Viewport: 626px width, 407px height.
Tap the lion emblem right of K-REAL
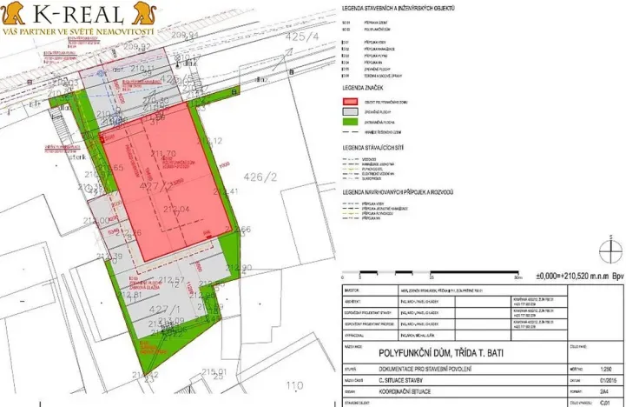pos(139,13)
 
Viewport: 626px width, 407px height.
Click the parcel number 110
pos(296,385)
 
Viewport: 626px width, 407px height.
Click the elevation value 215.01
pos(212,372)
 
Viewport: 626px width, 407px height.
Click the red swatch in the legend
pos(350,102)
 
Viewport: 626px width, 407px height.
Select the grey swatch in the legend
pos(350,113)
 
